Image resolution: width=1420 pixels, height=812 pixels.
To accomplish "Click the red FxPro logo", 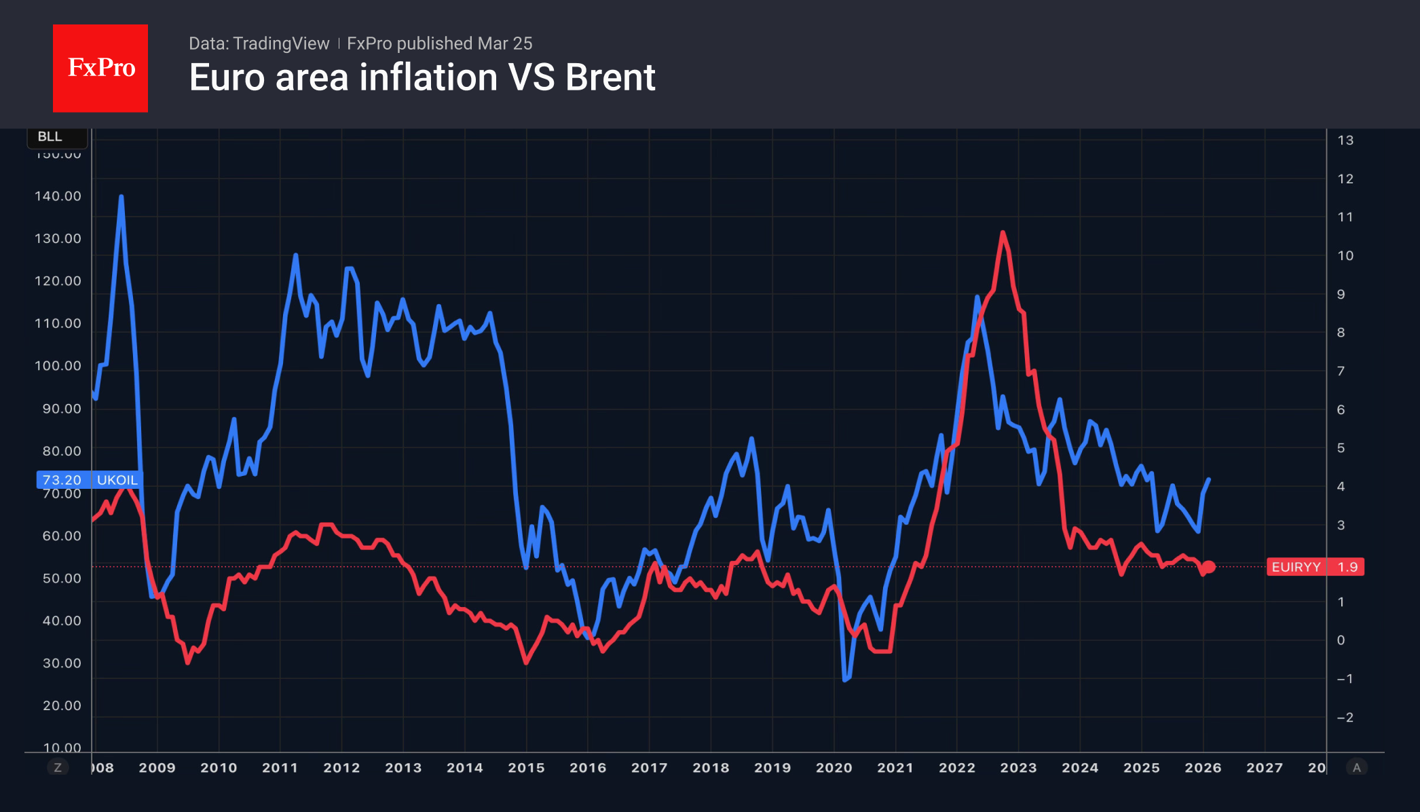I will point(100,68).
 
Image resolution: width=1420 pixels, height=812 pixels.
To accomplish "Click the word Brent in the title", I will point(610,77).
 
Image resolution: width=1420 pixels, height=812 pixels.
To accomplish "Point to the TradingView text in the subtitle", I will point(280,43).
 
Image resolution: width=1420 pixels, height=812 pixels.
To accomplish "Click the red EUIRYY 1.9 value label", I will point(1315,567).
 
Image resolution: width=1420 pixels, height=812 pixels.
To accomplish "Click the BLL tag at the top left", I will point(50,136).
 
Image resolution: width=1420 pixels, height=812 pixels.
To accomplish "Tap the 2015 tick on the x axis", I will point(526,768).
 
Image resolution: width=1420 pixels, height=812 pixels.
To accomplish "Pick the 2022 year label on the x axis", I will point(957,768).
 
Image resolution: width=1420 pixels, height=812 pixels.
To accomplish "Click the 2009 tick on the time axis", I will point(157,768).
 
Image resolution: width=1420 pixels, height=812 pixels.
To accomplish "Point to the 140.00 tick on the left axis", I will point(58,196).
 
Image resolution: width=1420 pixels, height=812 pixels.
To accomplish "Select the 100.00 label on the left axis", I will point(58,366).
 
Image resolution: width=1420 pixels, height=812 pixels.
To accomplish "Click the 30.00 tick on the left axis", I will point(62,663).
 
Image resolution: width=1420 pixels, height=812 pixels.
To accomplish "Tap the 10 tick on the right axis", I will point(1345,256).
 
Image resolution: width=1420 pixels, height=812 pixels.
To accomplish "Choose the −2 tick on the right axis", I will point(1345,718).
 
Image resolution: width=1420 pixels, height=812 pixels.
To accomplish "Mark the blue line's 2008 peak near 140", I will point(122,197).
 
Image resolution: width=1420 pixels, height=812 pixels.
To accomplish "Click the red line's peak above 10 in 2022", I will point(1003,233).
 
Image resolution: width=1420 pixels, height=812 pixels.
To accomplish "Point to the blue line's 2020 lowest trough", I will point(844,680).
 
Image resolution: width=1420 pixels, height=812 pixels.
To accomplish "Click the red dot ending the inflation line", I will point(1209,567).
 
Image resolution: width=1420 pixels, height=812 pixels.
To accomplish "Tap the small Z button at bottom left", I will point(58,768).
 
